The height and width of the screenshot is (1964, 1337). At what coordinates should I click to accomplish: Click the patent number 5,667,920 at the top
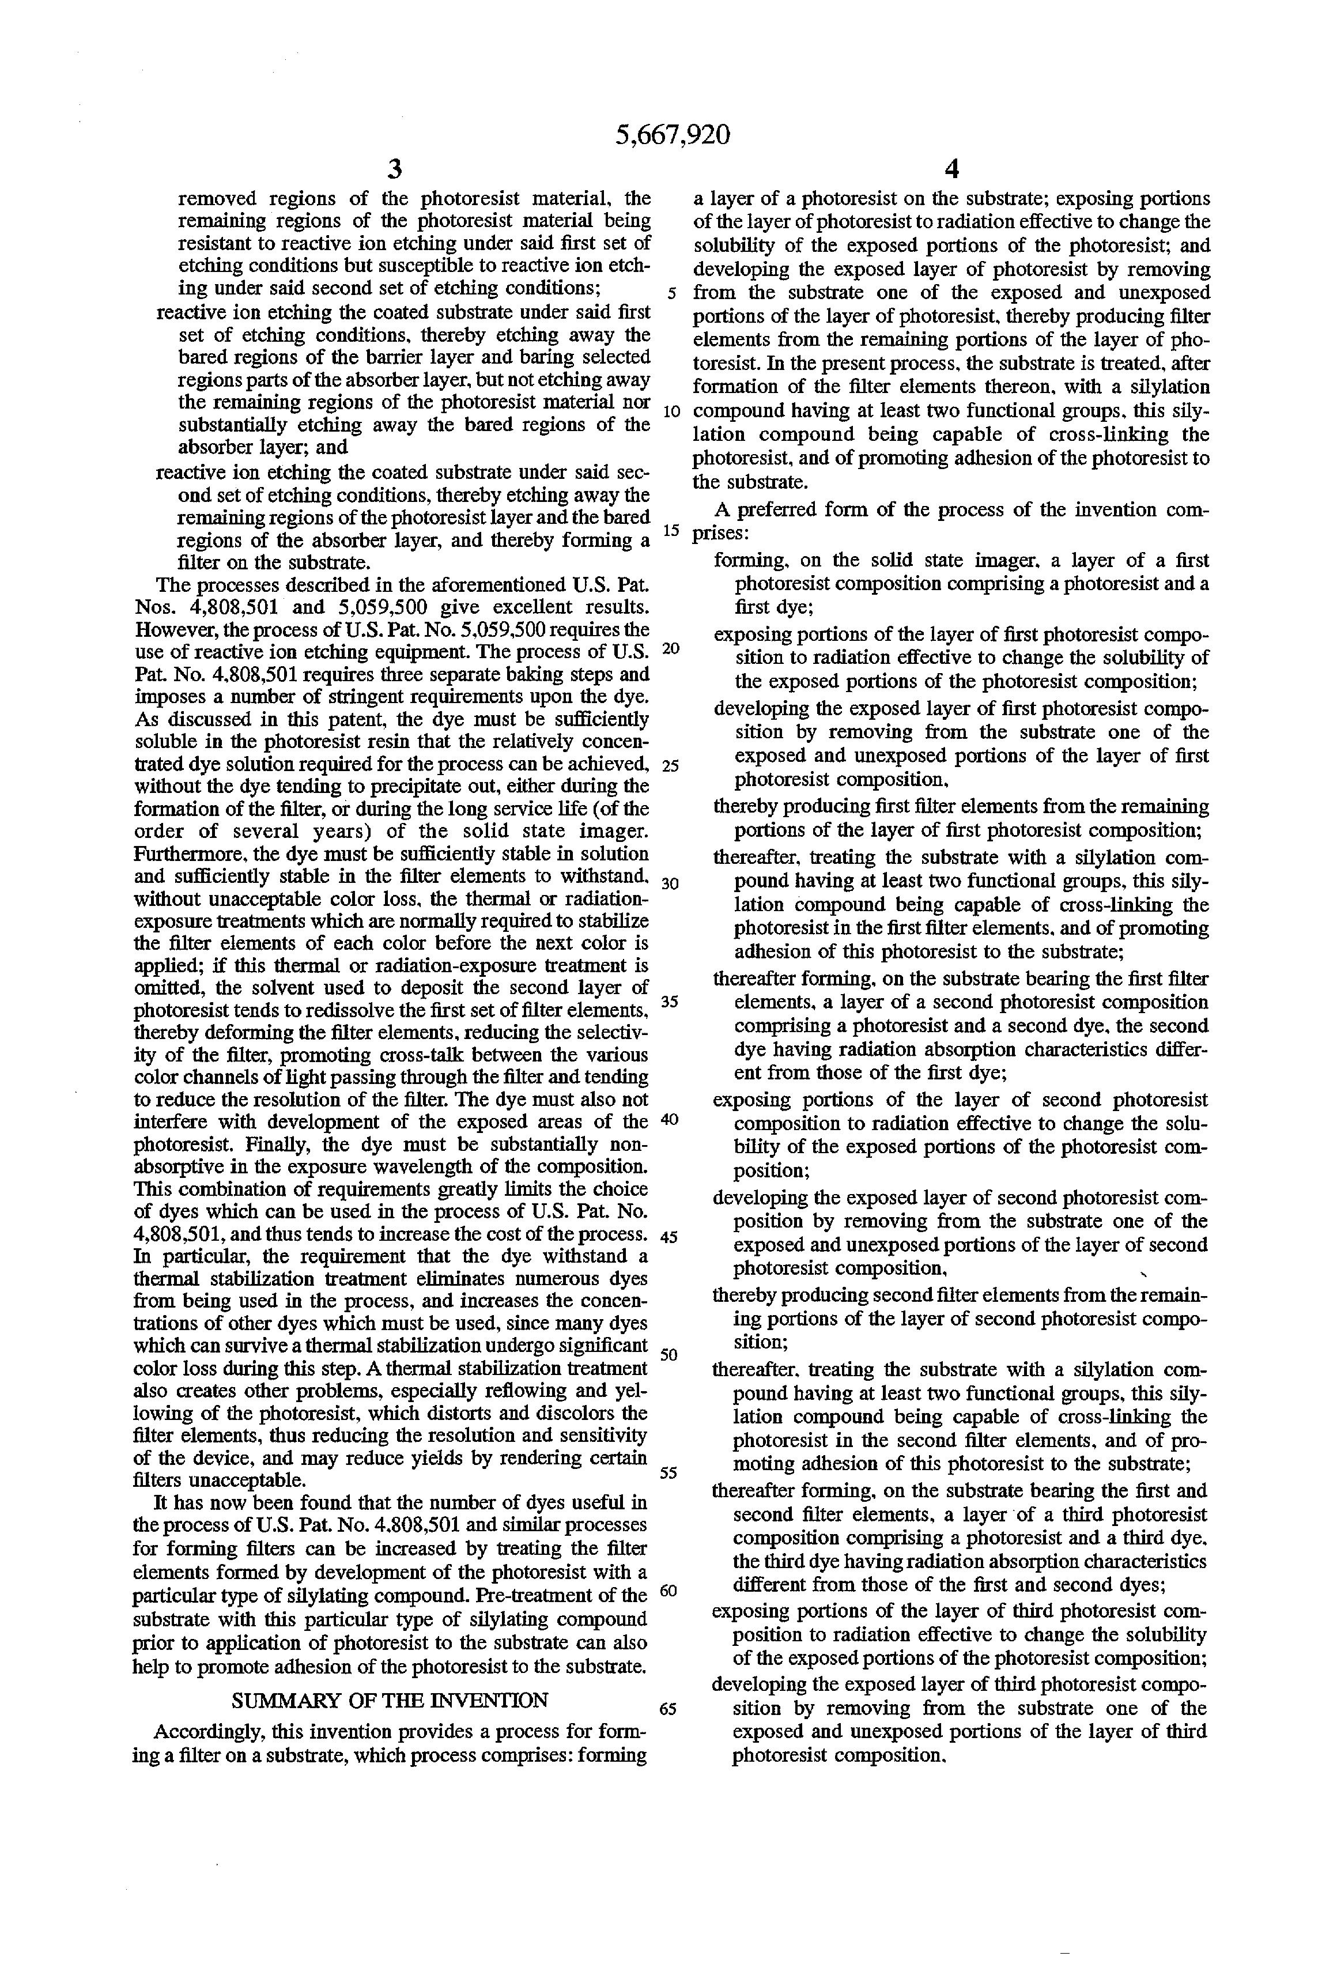tap(673, 134)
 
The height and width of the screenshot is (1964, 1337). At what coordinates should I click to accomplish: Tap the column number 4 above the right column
tap(951, 170)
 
